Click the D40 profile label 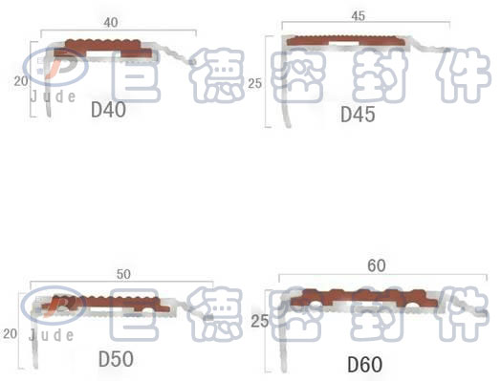pos(108,110)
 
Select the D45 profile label pos(358,115)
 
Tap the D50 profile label pos(116,359)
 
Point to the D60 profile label pos(364,365)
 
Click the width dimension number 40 pos(111,22)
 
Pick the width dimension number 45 pos(358,16)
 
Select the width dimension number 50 pos(123,274)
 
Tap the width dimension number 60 pos(377,265)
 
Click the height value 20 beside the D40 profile pos(21,81)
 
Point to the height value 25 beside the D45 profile pos(254,84)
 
